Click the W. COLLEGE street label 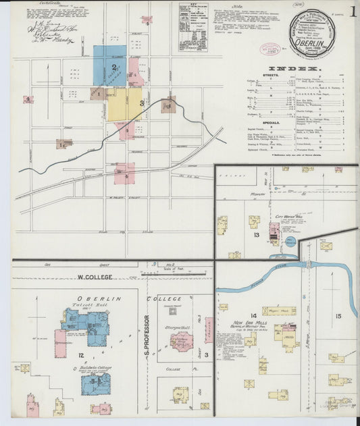93,277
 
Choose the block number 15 337,315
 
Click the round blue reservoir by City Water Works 290,242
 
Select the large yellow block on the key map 124,104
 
